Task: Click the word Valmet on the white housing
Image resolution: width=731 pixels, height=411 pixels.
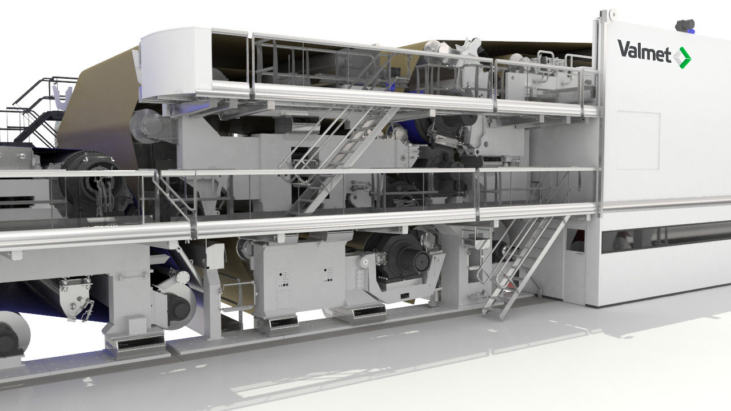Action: pyautogui.click(x=644, y=51)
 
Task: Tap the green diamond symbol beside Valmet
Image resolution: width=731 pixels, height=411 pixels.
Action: pyautogui.click(x=682, y=58)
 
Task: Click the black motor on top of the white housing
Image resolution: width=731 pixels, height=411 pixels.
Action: pyautogui.click(x=685, y=25)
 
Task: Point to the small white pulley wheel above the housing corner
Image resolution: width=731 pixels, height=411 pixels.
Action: pyautogui.click(x=613, y=13)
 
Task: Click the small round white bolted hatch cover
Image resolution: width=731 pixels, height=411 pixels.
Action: pyautogui.click(x=183, y=277)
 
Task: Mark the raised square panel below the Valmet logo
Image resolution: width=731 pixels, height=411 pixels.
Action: pyautogui.click(x=638, y=140)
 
